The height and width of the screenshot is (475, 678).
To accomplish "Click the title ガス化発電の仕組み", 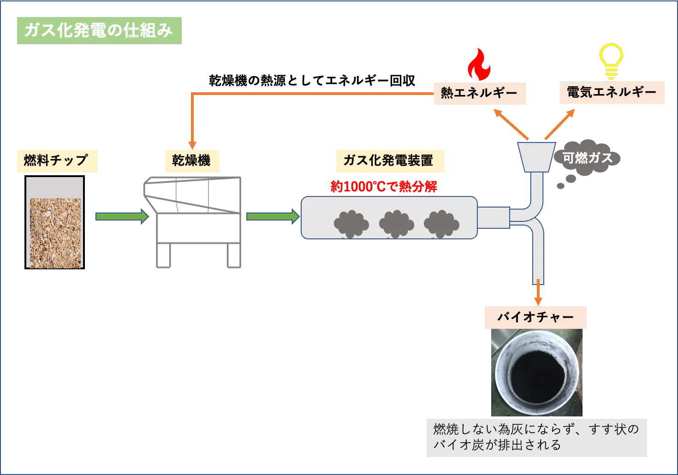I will pos(99,30).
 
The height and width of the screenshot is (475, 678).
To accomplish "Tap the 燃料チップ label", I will pos(57,160).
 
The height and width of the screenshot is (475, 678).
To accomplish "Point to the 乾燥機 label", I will pos(191,160).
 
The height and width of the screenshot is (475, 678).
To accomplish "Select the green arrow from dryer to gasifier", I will pos(273,216).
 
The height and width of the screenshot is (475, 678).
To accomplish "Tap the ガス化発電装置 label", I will pos(388,160).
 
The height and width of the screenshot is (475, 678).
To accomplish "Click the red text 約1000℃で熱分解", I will pos(384,187).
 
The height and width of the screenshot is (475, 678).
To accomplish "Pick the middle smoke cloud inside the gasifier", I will pos(396,224).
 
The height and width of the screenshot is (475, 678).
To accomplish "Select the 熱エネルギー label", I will pos(479,93).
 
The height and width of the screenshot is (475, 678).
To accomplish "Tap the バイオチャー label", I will pos(535,318).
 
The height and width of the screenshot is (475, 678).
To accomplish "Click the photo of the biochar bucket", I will pos(536,373).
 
